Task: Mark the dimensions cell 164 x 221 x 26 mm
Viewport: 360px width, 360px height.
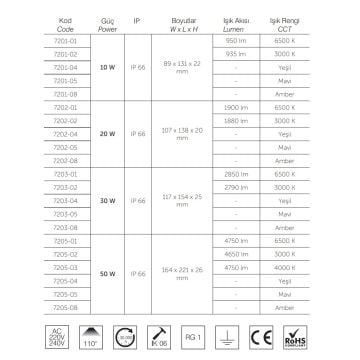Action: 180,271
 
